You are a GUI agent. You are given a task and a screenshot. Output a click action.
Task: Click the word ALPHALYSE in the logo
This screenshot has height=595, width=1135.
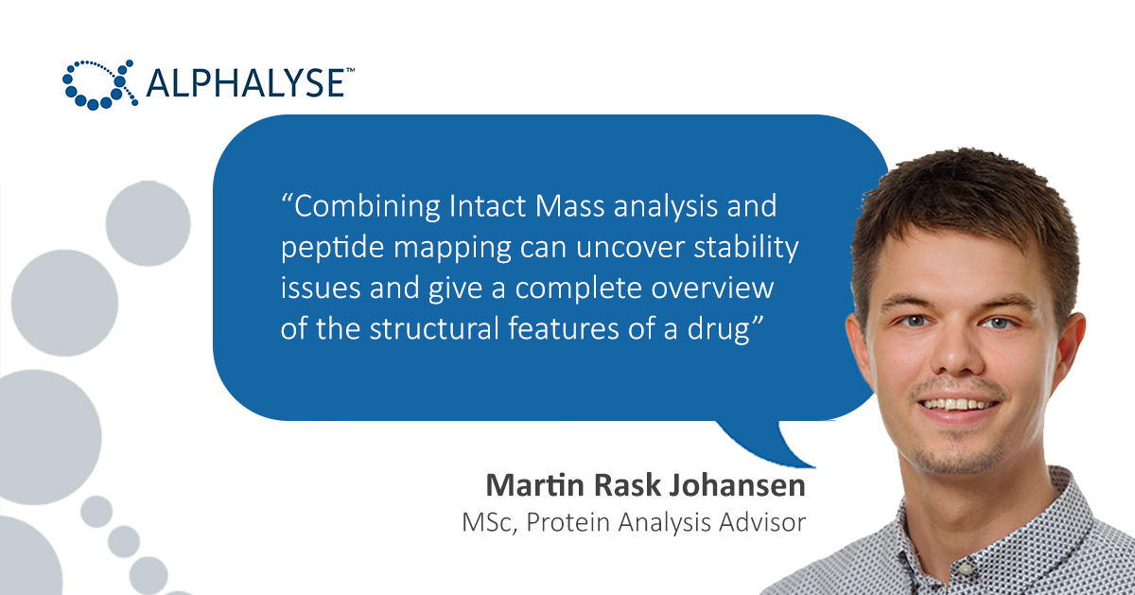[x=244, y=83]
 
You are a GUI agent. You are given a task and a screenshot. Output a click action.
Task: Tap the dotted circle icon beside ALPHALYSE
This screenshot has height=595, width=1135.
[x=96, y=83]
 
